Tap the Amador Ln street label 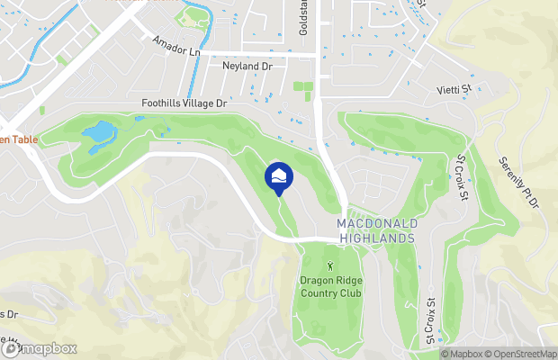[x=175, y=45]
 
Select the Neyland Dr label [x=247, y=66]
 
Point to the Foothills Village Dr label [x=184, y=104]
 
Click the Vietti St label [x=454, y=89]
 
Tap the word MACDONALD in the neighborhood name [x=375, y=223]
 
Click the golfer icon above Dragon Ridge [x=329, y=265]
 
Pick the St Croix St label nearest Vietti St [x=462, y=177]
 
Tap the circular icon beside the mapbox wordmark [x=13, y=348]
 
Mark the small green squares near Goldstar [x=302, y=89]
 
